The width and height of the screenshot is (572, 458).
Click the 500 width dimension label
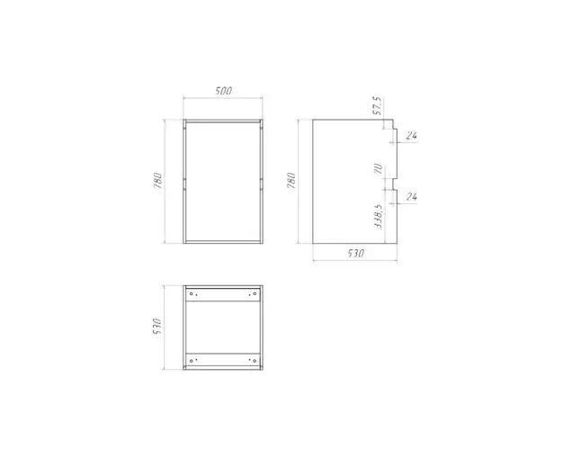click(x=223, y=91)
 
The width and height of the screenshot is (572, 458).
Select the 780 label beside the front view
click(x=158, y=181)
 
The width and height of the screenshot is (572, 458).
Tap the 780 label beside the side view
click(x=291, y=181)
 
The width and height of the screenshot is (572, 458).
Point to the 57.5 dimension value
click(x=377, y=106)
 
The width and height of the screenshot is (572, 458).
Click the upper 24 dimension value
click(x=412, y=136)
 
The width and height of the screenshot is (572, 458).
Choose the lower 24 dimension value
click(x=412, y=197)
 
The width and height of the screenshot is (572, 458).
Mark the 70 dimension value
click(x=379, y=168)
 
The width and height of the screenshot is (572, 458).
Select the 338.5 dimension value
click(x=379, y=217)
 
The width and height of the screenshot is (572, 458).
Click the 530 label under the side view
click(x=355, y=253)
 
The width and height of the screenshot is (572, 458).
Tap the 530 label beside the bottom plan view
click(x=157, y=327)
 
